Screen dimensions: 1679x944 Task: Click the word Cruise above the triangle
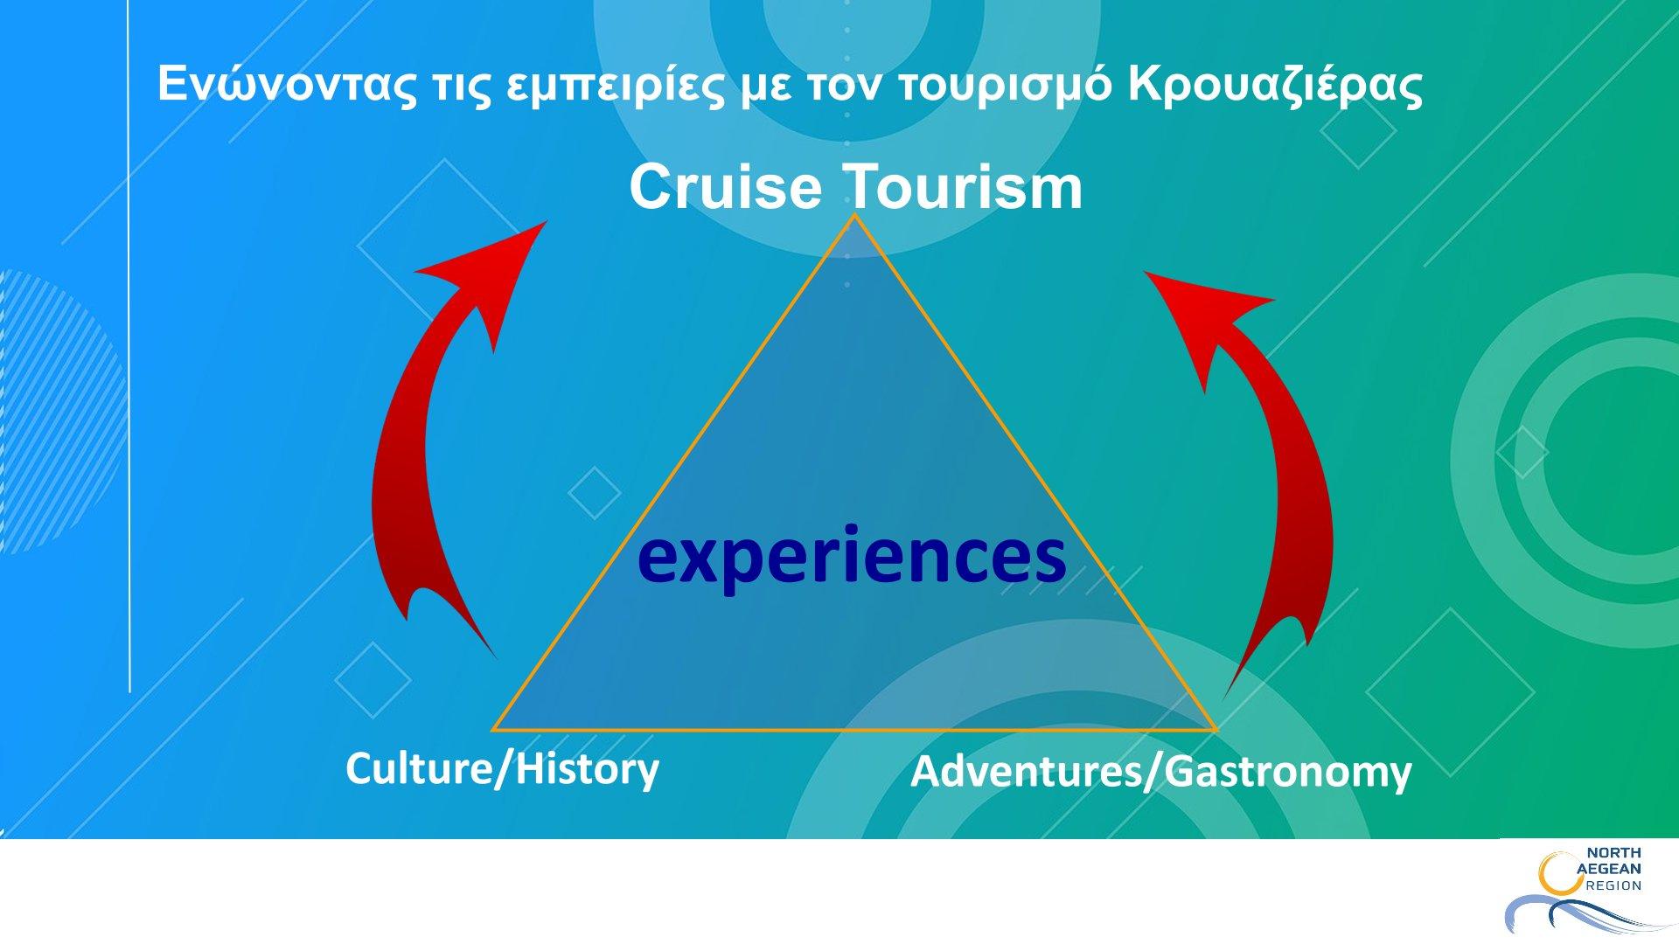[x=726, y=186]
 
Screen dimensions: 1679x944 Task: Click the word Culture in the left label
[x=418, y=769]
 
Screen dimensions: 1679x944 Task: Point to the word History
[x=587, y=769]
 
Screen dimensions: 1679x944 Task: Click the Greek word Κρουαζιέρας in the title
[x=1275, y=86]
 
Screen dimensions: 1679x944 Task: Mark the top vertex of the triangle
[x=854, y=215]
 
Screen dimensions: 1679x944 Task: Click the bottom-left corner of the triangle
[x=493, y=729]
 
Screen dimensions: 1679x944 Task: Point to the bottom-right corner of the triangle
[x=1216, y=729]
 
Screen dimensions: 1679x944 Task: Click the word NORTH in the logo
[x=1613, y=852]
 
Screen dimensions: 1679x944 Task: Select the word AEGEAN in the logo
[x=1609, y=869]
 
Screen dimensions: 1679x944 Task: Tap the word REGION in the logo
[x=1613, y=885]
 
